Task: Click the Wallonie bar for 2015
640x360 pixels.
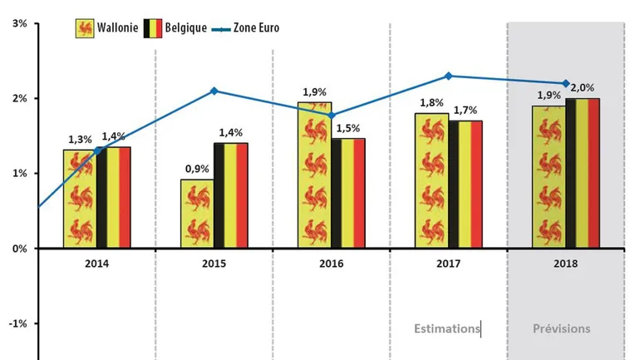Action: [x=197, y=214]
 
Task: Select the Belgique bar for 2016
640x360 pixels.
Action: [x=347, y=193]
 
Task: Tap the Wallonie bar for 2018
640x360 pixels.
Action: [x=548, y=176]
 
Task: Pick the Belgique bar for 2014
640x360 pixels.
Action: [x=113, y=197]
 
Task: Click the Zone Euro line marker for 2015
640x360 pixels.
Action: [x=214, y=91]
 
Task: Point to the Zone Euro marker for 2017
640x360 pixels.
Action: [x=449, y=76]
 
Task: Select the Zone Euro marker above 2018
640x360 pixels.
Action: [x=566, y=83]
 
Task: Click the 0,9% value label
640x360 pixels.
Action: [x=197, y=169]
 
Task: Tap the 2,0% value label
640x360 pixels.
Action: [x=584, y=87]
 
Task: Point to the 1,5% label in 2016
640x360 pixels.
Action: [x=349, y=127]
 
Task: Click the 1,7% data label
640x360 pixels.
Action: [x=466, y=110]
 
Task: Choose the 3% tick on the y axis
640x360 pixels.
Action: [x=17, y=23]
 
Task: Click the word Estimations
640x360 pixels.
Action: [x=447, y=328]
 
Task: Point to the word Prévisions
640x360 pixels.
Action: [x=562, y=328]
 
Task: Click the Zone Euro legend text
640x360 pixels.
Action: [x=256, y=27]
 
